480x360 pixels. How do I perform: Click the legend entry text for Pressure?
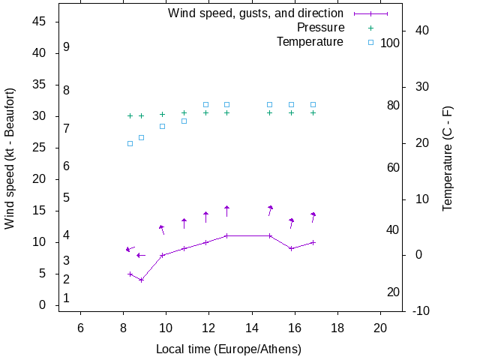click(x=320, y=28)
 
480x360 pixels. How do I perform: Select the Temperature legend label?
click(x=310, y=42)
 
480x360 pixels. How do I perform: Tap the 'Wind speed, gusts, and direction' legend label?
click(x=256, y=13)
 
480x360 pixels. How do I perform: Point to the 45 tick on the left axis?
click(x=40, y=22)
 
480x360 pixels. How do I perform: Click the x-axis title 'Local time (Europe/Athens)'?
click(x=229, y=349)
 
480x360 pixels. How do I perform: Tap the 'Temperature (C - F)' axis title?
click(x=448, y=158)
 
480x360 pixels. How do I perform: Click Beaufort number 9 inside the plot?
click(x=67, y=47)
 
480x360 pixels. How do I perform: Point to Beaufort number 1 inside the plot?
click(x=67, y=298)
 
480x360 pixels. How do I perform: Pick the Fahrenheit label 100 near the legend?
click(x=390, y=43)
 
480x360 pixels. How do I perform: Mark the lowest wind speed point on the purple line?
click(x=141, y=280)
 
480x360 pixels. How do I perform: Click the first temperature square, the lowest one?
click(x=130, y=143)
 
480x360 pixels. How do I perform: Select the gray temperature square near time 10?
click(x=162, y=126)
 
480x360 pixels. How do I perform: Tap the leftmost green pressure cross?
click(x=130, y=115)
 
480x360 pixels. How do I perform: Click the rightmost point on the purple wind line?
click(x=313, y=242)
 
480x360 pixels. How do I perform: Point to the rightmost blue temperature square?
click(x=313, y=104)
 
